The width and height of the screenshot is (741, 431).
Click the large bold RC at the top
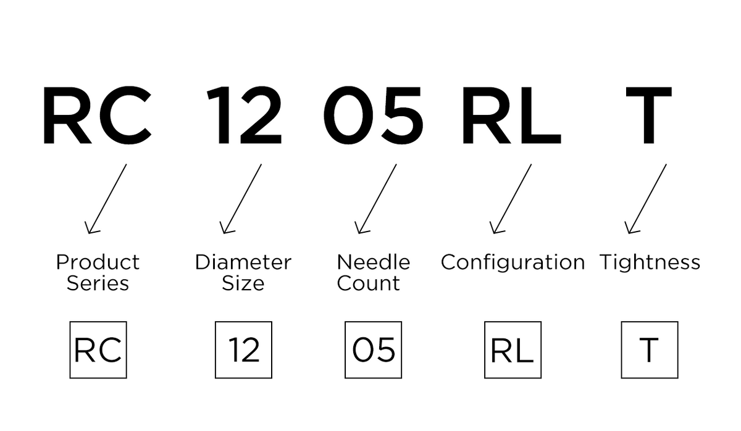click(x=98, y=115)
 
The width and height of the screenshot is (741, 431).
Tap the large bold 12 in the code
click(x=245, y=115)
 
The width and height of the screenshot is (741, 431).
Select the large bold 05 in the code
click(x=373, y=115)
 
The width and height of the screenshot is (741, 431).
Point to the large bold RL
click(x=512, y=115)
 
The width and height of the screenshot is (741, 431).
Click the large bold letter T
click(x=649, y=115)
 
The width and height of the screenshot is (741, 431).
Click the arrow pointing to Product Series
click(x=106, y=199)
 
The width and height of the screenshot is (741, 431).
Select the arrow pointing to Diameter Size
click(x=241, y=199)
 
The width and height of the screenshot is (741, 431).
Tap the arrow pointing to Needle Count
click(x=376, y=199)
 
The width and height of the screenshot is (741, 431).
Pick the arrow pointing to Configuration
click(x=511, y=199)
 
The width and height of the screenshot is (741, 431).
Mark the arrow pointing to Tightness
click(x=646, y=199)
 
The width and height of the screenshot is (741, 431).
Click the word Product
click(x=98, y=262)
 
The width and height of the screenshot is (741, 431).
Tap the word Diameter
click(x=243, y=262)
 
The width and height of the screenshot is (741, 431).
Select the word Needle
click(x=374, y=262)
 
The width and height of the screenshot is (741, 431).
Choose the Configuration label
click(x=513, y=263)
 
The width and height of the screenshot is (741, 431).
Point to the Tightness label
click(x=650, y=263)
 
